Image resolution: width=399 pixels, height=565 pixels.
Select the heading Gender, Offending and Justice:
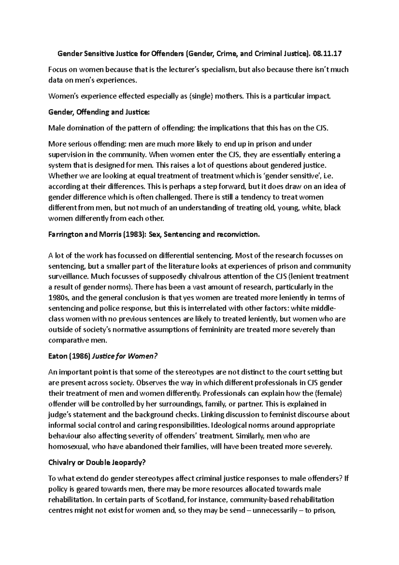[x=99, y=112]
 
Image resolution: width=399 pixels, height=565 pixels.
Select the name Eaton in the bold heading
[x=58, y=356]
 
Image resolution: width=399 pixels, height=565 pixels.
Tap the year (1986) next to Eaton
[x=79, y=356]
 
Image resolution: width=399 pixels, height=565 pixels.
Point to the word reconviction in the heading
[x=237, y=235]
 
